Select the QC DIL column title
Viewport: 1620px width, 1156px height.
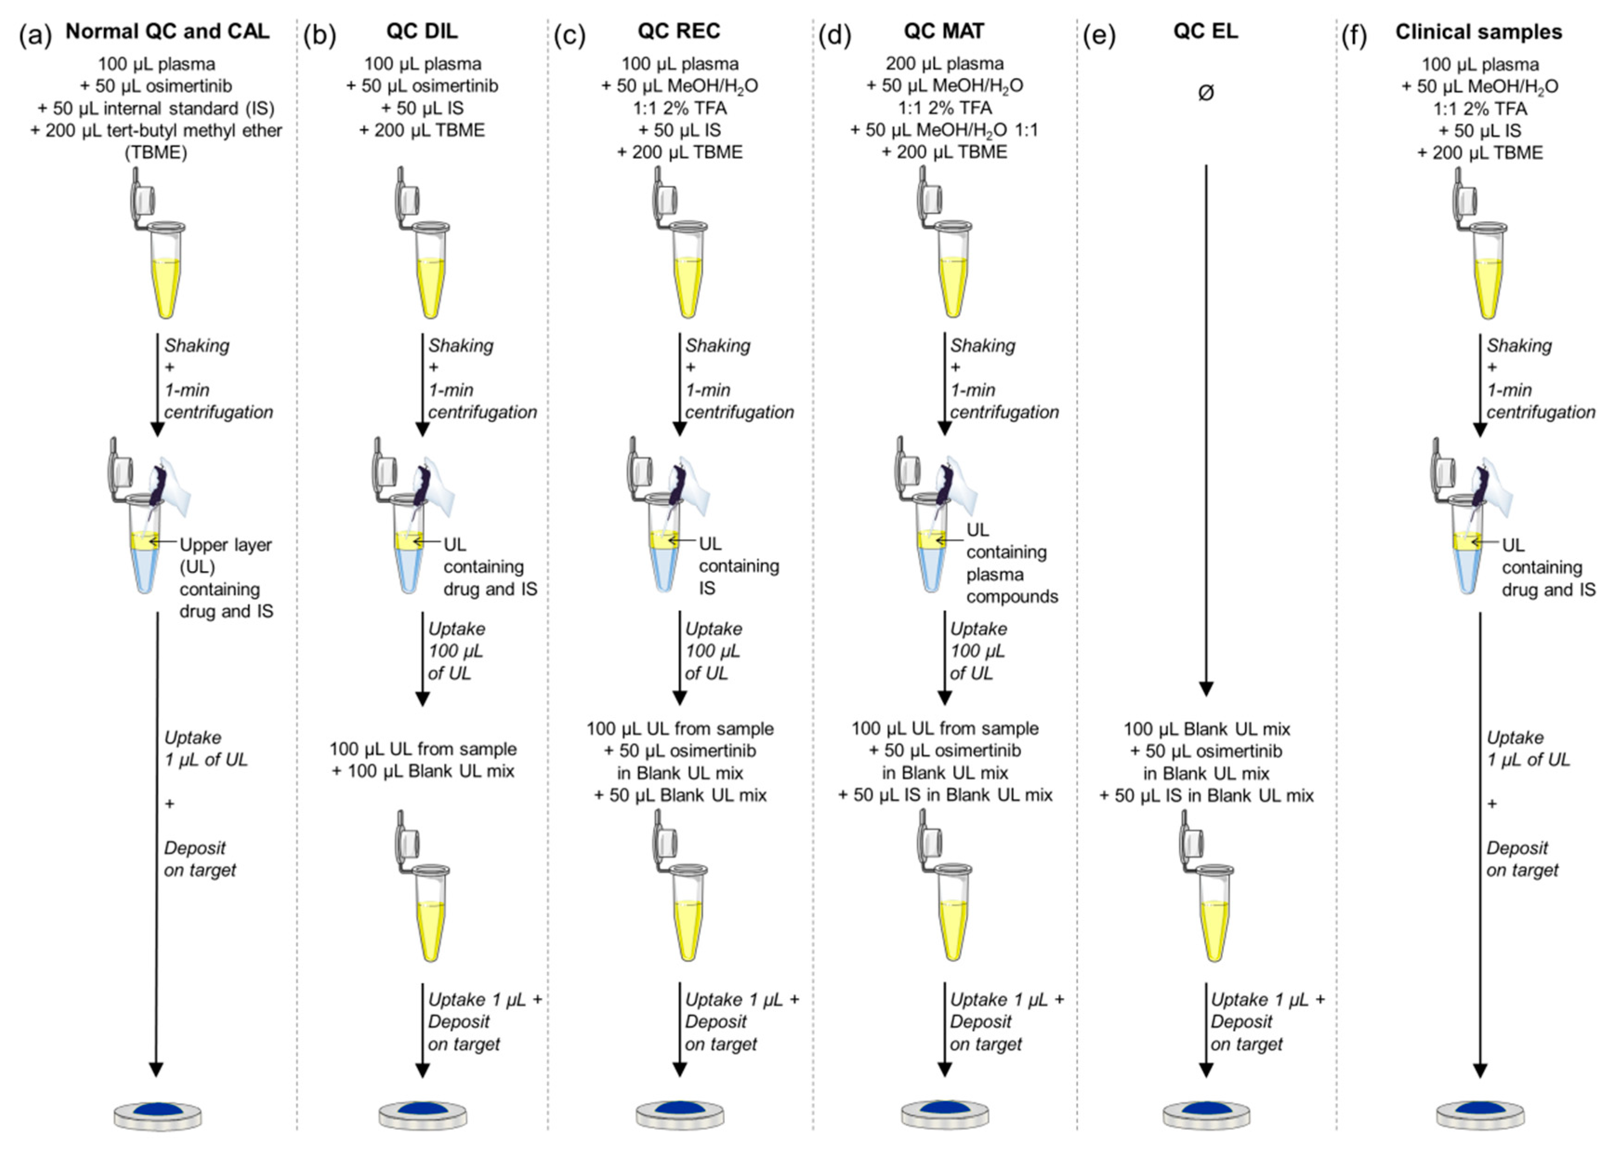(x=422, y=31)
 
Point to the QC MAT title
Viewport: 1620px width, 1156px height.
(x=944, y=31)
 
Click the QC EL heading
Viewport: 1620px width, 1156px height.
(x=1205, y=31)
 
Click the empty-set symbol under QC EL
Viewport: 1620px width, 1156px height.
(x=1206, y=92)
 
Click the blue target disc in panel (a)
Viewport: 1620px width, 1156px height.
(x=157, y=1111)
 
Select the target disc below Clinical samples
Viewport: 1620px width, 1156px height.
(x=1480, y=1111)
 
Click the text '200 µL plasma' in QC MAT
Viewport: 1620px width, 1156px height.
(x=944, y=63)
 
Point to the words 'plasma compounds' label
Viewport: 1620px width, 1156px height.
(x=1011, y=585)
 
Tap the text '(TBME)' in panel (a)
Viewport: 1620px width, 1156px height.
(x=156, y=152)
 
